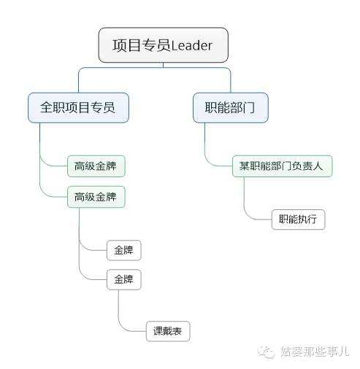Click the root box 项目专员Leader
pyautogui.click(x=163, y=45)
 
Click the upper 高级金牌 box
pyautogui.click(x=96, y=166)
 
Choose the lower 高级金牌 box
pyautogui.click(x=96, y=197)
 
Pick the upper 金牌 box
pyautogui.click(x=123, y=251)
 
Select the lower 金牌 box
pyautogui.click(x=123, y=280)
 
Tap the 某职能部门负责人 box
pyautogui.click(x=281, y=166)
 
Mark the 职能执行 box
pyautogui.click(x=298, y=220)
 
